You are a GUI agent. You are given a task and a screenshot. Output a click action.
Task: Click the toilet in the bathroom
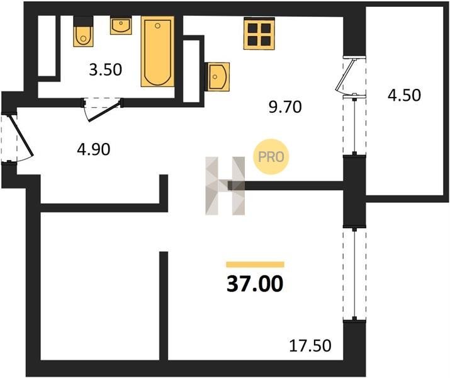[83, 31]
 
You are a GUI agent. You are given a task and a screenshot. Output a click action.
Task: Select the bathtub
[157, 51]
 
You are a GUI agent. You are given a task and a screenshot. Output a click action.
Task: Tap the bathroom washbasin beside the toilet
[121, 26]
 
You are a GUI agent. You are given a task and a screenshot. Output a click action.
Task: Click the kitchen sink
[218, 76]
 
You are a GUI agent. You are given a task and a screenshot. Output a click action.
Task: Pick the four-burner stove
[259, 33]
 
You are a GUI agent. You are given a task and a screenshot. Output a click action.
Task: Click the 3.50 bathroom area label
[105, 70]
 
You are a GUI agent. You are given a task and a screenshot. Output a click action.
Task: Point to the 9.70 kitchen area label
[285, 107]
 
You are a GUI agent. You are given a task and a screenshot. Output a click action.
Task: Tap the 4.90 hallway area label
[94, 149]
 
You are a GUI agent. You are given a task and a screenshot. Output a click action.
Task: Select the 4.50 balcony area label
[404, 95]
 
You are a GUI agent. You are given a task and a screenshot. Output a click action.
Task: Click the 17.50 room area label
[310, 345]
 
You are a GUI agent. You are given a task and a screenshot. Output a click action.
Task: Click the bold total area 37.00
[255, 284]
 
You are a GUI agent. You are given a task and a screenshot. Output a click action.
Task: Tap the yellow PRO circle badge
[271, 156]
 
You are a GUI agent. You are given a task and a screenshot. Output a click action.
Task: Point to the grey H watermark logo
[225, 186]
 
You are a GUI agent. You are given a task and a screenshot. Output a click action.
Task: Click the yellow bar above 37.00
[255, 265]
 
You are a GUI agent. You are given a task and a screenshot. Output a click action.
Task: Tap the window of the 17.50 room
[355, 275]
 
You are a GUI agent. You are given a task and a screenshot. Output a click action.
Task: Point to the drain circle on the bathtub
[157, 26]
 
